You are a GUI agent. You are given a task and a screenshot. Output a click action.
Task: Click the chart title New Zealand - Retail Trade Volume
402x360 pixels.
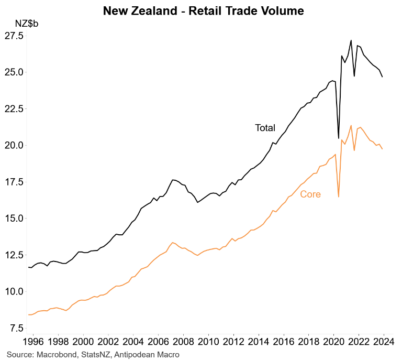coord(204,10)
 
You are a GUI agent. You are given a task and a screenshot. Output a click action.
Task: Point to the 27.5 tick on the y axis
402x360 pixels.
coord(14,36)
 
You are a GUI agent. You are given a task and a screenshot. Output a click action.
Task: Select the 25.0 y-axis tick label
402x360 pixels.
coord(14,72)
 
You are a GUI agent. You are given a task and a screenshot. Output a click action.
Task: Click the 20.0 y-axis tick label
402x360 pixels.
coord(14,145)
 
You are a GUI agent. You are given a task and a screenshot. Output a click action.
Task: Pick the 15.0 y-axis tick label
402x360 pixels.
coord(14,218)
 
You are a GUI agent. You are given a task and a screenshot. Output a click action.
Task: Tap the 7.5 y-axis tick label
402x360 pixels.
coord(16,328)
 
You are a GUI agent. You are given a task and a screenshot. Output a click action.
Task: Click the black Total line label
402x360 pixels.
coord(265,128)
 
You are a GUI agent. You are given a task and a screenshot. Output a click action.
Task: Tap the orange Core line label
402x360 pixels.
coord(310,194)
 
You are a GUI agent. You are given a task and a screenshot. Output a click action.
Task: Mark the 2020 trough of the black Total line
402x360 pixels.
coord(339,138)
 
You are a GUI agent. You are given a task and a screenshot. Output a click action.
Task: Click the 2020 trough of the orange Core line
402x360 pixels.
coord(339,197)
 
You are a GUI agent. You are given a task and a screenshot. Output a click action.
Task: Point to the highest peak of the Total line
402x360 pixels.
coord(351,40)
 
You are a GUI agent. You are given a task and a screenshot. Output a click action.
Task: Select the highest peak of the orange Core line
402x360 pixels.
coord(351,125)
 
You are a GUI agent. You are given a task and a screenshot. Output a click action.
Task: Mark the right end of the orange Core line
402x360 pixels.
coord(382,149)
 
